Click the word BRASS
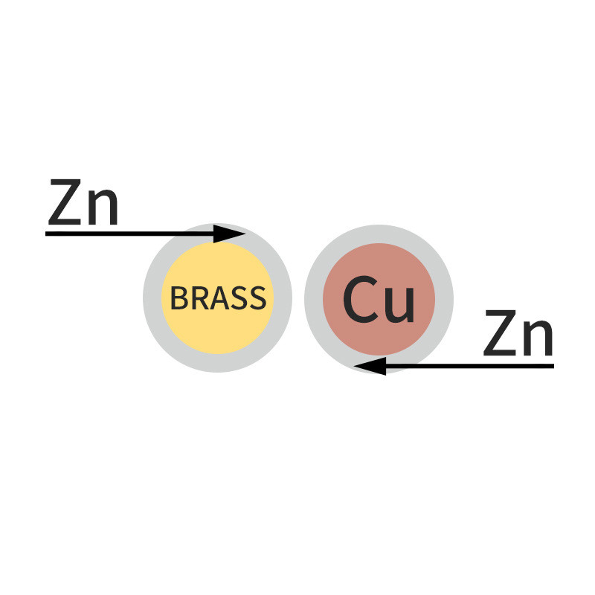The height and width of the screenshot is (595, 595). tap(217, 298)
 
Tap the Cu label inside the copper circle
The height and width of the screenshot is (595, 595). tap(379, 300)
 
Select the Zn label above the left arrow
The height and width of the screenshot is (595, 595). tap(83, 203)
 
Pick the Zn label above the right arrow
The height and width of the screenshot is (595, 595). tap(518, 337)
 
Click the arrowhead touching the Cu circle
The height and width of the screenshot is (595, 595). tap(370, 366)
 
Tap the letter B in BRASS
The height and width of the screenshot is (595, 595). tap(178, 298)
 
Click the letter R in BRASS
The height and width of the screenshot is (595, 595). tap(197, 298)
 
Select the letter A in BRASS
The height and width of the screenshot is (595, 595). tap(216, 298)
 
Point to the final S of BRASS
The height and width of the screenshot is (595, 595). tap(256, 298)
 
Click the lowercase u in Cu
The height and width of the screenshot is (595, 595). tap(399, 303)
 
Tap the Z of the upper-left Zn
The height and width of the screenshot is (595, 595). tap(65, 203)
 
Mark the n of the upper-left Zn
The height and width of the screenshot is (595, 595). tap(102, 208)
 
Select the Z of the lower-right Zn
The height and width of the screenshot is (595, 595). tap(500, 337)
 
